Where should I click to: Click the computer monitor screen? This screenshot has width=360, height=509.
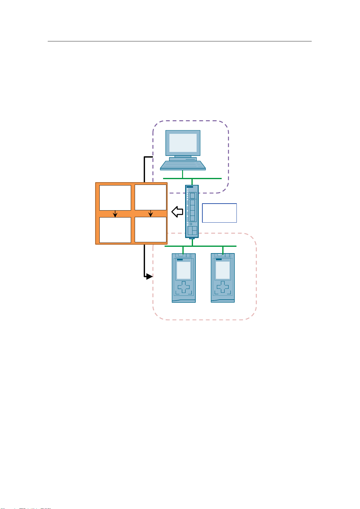tap(183, 143)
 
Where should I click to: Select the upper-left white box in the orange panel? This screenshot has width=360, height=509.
tap(115, 198)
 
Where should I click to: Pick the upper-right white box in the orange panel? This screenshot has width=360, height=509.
tap(150, 198)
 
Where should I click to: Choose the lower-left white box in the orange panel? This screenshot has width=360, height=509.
tap(115, 230)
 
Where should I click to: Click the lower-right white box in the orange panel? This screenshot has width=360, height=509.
tap(150, 230)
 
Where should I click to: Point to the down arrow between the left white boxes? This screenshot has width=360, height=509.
tap(115, 214)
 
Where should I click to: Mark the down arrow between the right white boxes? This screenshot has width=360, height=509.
tap(151, 214)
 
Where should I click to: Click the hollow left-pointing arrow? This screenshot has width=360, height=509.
tap(177, 212)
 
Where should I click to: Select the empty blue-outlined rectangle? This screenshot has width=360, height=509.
tap(219, 213)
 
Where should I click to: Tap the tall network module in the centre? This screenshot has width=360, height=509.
tap(192, 211)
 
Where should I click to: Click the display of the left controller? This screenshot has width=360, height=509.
tap(183, 270)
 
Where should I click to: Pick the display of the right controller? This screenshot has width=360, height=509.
tap(223, 270)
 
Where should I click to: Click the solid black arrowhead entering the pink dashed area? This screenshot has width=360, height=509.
tap(149, 276)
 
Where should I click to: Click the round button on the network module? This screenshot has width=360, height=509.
tap(191, 224)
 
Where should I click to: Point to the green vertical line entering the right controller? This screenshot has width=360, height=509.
tap(223, 250)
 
